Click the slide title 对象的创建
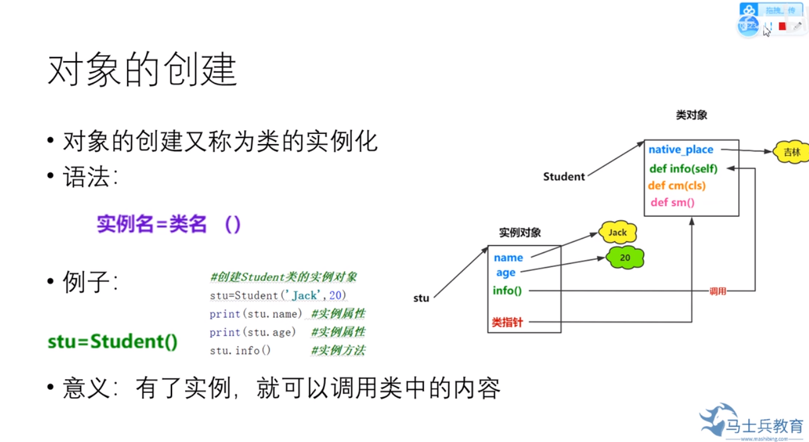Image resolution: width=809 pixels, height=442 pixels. (x=142, y=70)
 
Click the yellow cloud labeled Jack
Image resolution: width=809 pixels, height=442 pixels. (x=617, y=233)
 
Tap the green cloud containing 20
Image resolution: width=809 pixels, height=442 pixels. (x=625, y=258)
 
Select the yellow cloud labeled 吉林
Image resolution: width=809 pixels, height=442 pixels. (x=791, y=152)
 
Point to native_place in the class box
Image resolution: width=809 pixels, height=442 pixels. (x=681, y=150)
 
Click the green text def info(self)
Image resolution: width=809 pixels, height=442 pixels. (x=683, y=169)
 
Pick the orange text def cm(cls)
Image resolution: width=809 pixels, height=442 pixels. (x=677, y=186)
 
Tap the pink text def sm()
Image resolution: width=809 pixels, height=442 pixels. (x=673, y=202)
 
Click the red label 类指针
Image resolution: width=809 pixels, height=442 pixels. (x=507, y=322)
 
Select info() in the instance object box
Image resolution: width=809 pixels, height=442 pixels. (x=507, y=291)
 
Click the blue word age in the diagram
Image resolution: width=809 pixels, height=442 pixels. (x=506, y=272)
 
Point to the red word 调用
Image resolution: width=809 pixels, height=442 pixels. (x=718, y=291)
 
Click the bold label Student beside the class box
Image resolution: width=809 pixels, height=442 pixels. (x=564, y=177)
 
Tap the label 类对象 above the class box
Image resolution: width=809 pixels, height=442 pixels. (x=691, y=114)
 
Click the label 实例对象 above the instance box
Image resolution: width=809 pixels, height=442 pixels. (x=520, y=233)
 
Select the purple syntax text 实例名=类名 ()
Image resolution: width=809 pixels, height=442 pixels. (x=169, y=225)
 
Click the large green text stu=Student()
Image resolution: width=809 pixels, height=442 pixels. (x=113, y=341)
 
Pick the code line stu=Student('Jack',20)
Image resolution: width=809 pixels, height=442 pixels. (x=278, y=295)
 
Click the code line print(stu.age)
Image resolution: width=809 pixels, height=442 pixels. (x=253, y=332)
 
